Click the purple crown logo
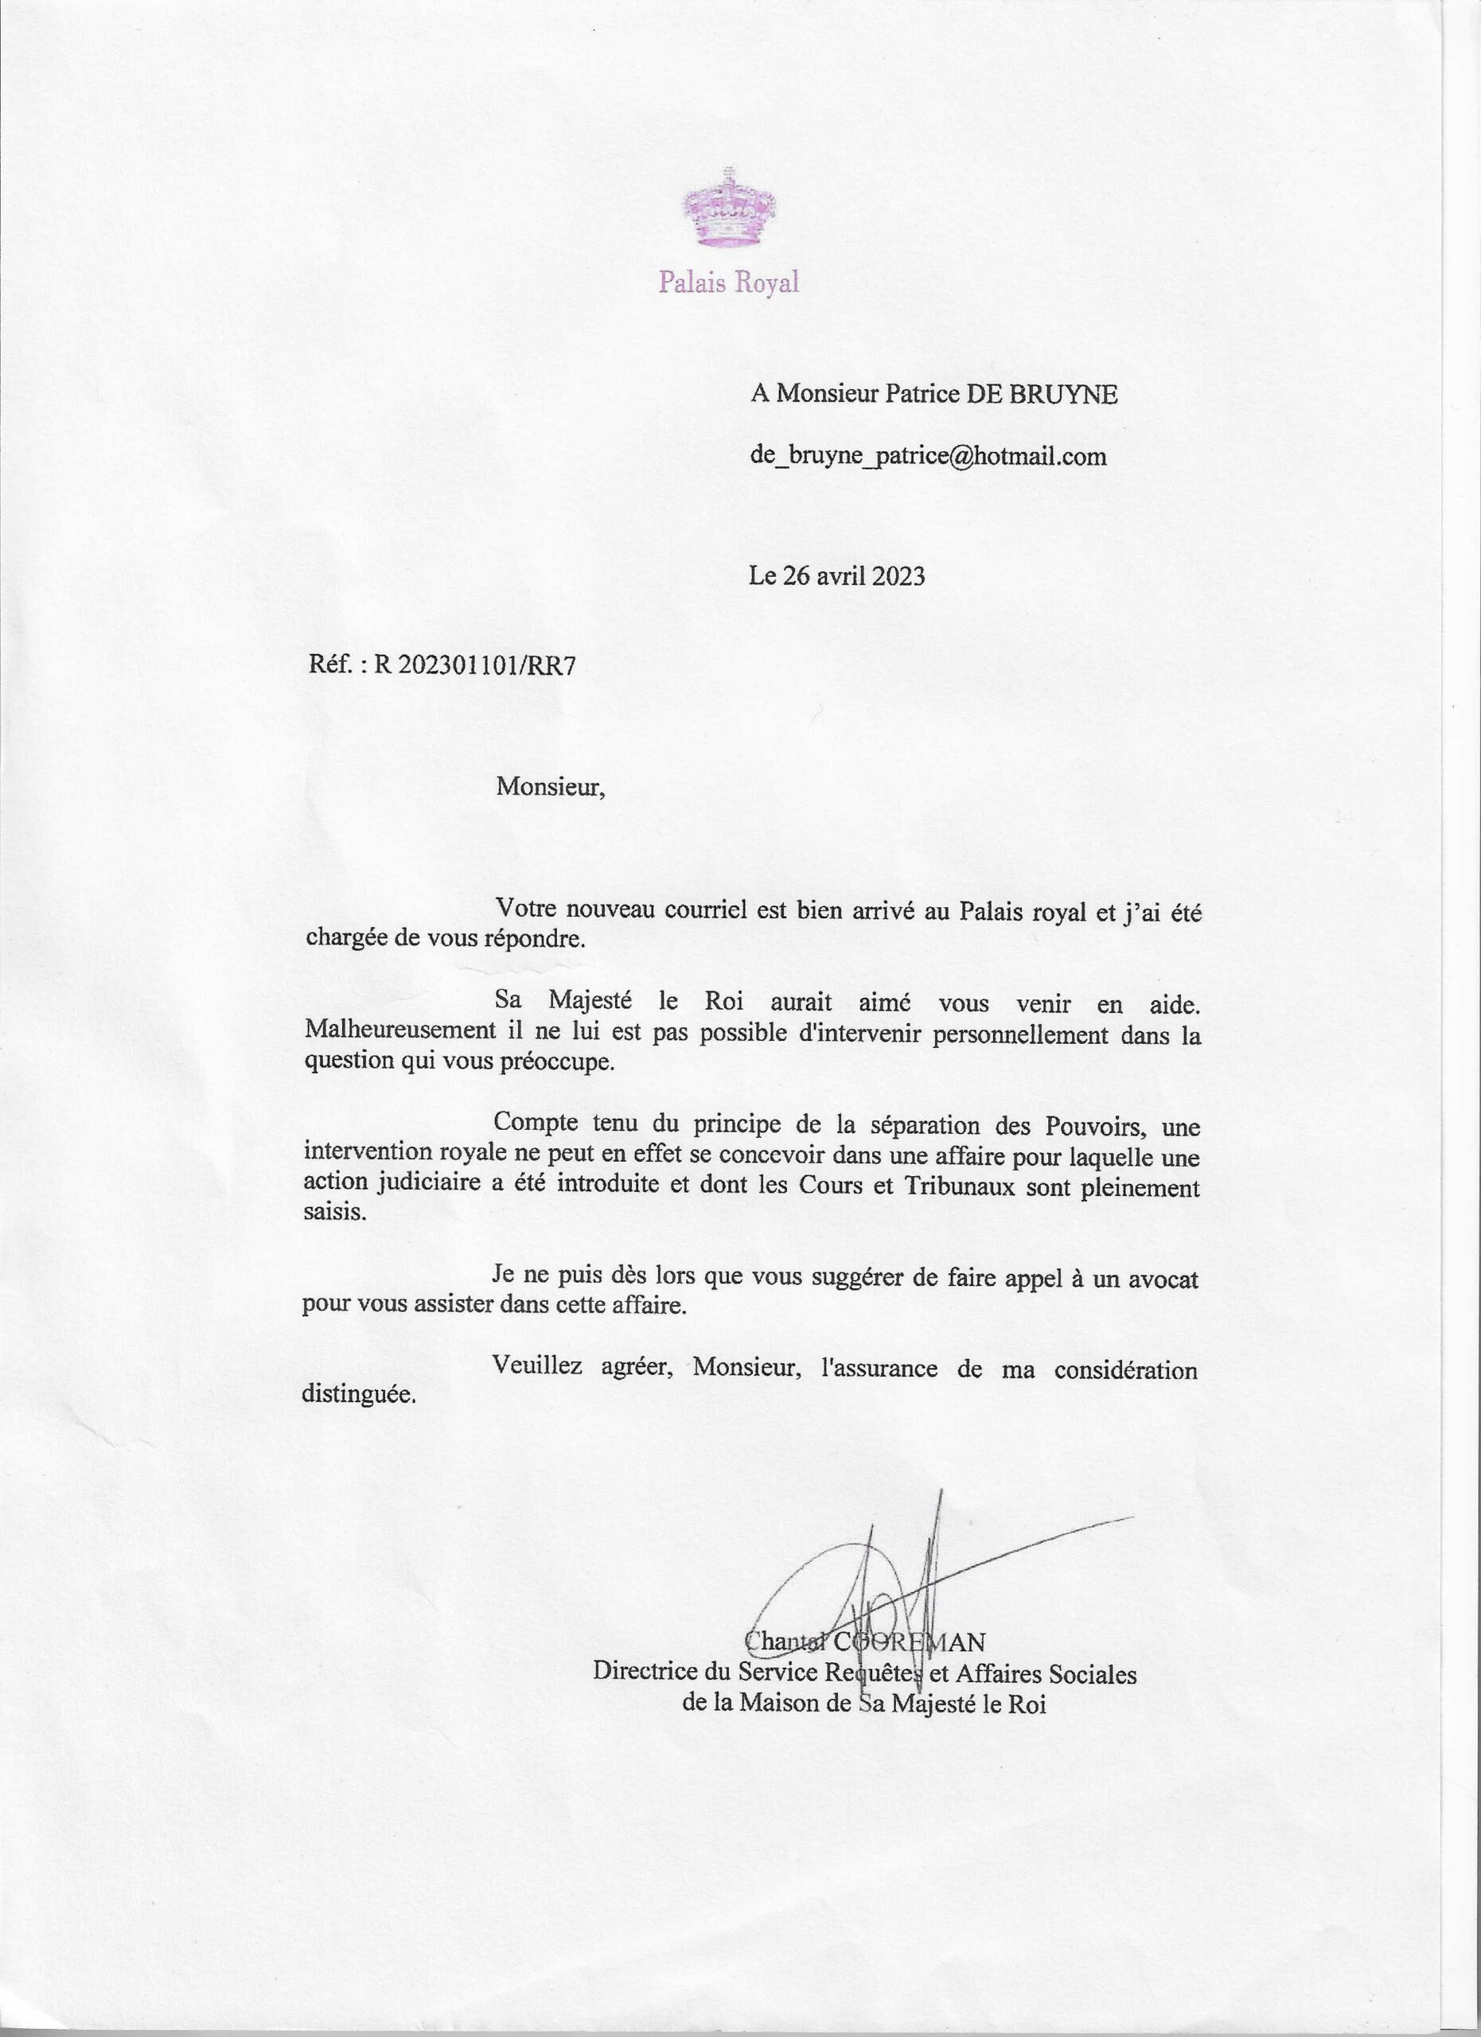point(727,208)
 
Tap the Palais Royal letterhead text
point(728,284)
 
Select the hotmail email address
point(928,458)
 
